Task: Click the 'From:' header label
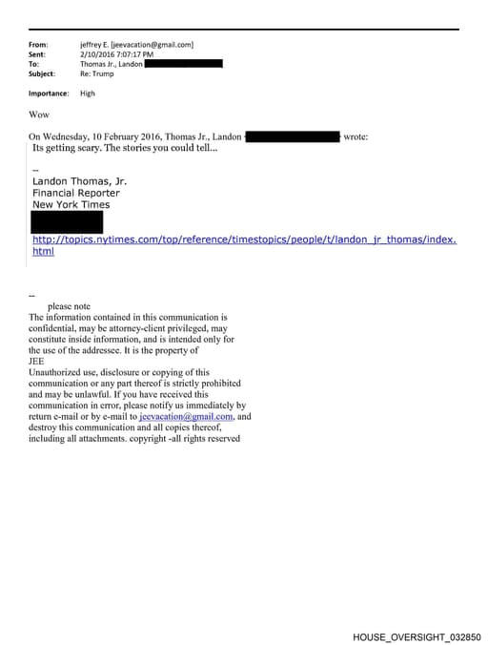[x=38, y=44]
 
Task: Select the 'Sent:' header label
[x=38, y=54]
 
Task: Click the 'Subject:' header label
[x=42, y=73]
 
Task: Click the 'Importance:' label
[x=49, y=94]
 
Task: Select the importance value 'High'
[x=88, y=94]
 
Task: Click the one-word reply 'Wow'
[x=39, y=114]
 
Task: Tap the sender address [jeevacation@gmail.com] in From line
[x=152, y=44]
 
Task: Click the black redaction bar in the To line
[x=183, y=64]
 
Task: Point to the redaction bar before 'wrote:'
[x=293, y=137]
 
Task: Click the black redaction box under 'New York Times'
[x=67, y=222]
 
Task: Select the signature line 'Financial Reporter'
[x=75, y=192]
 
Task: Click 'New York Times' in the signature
[x=71, y=204]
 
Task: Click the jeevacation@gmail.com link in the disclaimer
[x=186, y=417]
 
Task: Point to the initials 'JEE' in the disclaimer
[x=37, y=362]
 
